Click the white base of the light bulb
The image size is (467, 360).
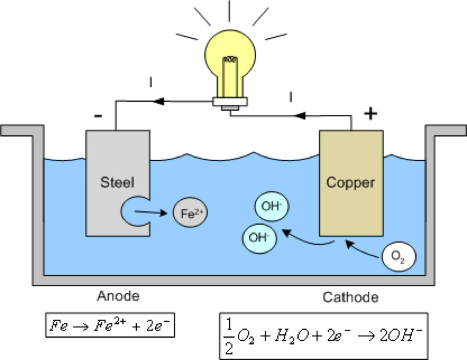coord(230,102)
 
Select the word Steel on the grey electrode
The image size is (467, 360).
coord(118,182)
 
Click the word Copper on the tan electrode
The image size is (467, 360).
coord(351,183)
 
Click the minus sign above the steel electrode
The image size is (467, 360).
coord(98,116)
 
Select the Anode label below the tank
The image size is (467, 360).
coord(118,296)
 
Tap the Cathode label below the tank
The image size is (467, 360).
coord(351,297)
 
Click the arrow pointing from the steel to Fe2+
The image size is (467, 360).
coord(153,211)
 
